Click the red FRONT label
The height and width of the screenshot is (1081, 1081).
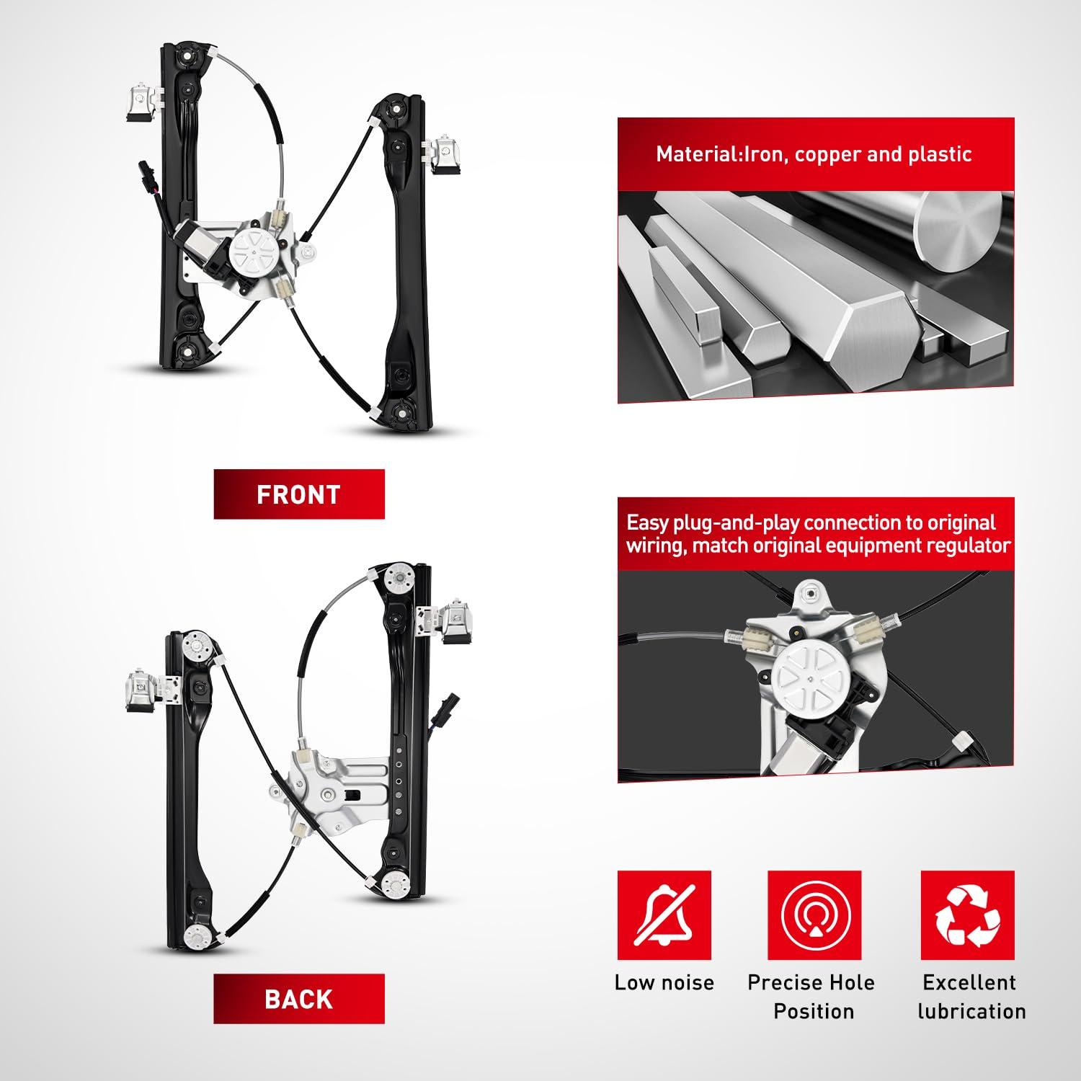point(299,494)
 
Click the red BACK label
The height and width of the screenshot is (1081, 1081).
point(299,999)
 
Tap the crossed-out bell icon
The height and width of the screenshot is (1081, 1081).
point(664,916)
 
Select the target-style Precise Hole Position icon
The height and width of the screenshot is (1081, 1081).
point(814,916)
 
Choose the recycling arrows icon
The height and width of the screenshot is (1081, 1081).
point(968,916)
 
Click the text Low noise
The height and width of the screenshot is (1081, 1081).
point(664,982)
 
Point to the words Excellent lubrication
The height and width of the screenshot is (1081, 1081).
point(971,997)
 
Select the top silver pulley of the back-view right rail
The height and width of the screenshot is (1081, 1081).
point(398,578)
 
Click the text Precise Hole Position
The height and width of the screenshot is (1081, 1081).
point(812,997)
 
